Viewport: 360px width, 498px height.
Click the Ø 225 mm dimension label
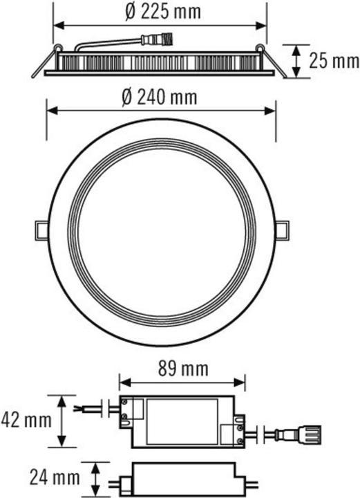click(x=158, y=11)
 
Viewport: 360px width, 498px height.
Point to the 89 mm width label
click(x=182, y=368)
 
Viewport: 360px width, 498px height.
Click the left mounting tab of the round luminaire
click(x=40, y=228)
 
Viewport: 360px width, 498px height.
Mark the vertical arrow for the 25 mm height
click(x=296, y=61)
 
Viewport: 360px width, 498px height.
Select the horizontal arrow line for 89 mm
click(x=182, y=380)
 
